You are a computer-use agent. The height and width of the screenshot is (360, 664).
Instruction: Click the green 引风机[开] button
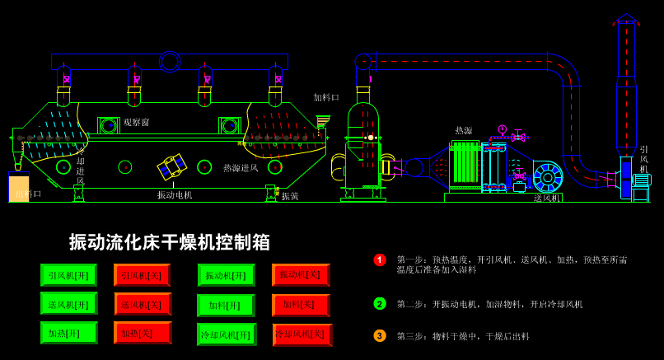68,275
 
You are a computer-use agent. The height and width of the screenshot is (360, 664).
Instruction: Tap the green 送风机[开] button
68,304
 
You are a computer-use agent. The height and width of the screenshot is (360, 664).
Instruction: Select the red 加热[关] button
143,333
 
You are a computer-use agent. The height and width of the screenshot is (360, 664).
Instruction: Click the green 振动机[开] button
226,275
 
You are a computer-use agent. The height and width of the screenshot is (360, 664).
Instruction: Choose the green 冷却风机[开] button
226,334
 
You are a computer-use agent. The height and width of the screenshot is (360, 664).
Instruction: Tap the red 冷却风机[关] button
302,334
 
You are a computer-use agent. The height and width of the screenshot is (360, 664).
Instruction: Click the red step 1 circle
380,260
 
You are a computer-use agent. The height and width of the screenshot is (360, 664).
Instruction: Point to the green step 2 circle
380,303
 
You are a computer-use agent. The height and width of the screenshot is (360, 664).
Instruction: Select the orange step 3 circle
380,335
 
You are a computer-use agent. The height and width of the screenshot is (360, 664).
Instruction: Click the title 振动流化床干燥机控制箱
170,242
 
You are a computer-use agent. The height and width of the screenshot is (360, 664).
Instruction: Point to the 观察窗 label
137,123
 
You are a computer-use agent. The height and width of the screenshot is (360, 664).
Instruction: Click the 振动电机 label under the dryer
175,195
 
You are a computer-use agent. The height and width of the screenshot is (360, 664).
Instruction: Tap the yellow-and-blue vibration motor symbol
172,166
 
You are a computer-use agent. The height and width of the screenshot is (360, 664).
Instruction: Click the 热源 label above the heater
464,130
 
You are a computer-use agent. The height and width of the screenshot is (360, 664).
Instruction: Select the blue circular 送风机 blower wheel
547,177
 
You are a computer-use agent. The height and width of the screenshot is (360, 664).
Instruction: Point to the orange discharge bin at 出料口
18,188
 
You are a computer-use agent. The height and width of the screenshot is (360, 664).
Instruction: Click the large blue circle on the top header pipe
170,62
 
